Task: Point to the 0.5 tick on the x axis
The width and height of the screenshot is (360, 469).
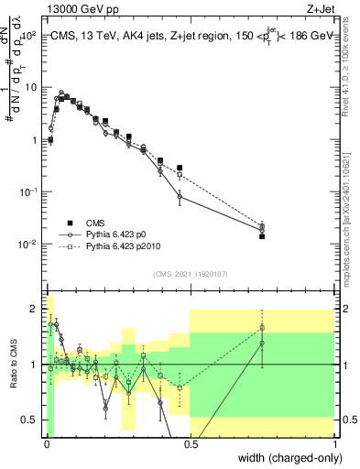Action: click(191, 444)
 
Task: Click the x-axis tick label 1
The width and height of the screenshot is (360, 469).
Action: click(335, 444)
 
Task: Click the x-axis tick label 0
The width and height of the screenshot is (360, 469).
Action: click(47, 444)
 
